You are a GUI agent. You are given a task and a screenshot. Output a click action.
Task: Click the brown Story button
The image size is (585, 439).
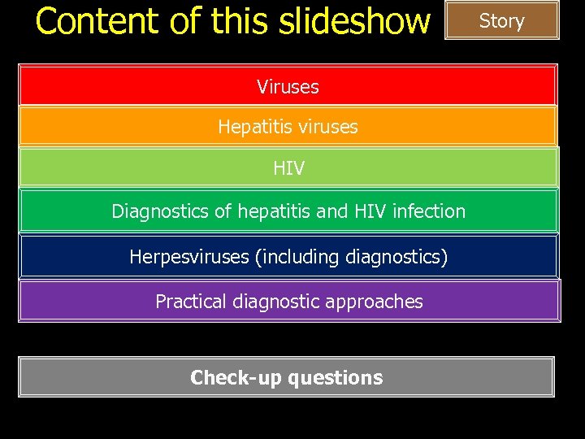point(502,21)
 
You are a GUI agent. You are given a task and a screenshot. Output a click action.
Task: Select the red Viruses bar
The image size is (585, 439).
point(288,85)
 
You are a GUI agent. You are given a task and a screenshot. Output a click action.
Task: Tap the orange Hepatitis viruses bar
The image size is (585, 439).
point(288,127)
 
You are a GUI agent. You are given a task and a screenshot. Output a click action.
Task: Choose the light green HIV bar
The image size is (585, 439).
point(288,168)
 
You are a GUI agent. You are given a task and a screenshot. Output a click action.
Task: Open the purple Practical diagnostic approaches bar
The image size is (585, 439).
point(289,302)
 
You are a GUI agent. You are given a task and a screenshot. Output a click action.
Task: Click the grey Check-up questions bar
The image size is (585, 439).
point(286,377)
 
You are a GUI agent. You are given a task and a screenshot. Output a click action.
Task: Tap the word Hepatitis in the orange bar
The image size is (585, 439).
point(250,127)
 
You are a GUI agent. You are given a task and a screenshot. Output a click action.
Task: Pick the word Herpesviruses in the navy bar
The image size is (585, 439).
point(189,257)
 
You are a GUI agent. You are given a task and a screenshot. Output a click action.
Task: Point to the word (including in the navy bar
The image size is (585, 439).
point(297,257)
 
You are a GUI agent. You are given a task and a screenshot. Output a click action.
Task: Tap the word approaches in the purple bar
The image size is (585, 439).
point(381,302)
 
